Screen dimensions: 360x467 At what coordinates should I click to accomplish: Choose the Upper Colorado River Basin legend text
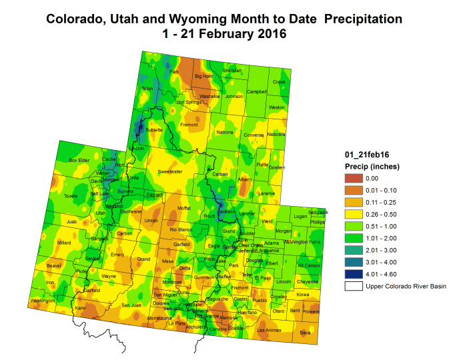(x=405, y=287)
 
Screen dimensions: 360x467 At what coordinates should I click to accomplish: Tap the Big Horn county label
(x=203, y=77)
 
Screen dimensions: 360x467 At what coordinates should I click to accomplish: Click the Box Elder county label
(x=79, y=160)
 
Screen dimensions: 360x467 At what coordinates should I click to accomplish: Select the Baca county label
(x=305, y=331)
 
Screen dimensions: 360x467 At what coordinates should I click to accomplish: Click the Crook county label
(x=279, y=82)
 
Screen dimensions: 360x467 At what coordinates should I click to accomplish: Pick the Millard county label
(x=65, y=243)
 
